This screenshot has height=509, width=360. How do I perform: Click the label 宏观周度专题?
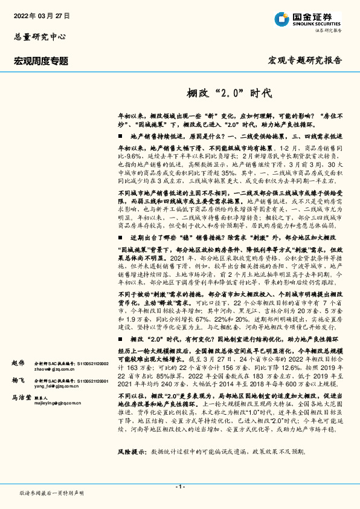point(41,60)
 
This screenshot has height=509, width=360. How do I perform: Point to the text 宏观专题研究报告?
point(305,60)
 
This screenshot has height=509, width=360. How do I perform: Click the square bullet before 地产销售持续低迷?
point(120,137)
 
